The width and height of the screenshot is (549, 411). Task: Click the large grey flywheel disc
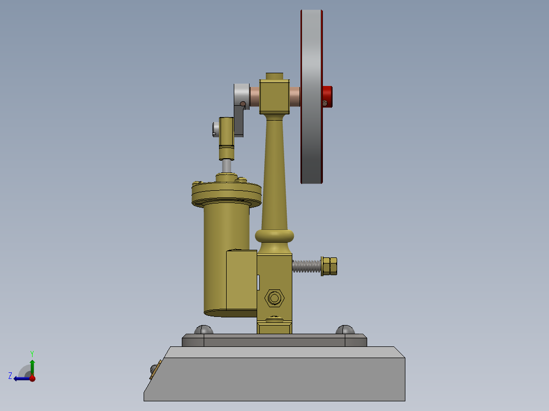coord(311,97)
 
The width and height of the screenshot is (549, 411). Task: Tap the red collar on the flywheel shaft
coord(327,96)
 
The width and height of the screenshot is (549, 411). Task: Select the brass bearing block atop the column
coord(274,96)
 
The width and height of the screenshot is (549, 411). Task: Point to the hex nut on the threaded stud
coord(330,266)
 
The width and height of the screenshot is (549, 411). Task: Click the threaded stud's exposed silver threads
coord(307,266)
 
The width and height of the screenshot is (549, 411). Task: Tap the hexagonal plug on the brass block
coord(274,297)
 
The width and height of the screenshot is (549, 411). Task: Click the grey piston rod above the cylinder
coord(226,166)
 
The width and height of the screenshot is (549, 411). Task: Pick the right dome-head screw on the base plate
coord(345,329)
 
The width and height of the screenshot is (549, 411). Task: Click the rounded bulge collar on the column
coord(274,236)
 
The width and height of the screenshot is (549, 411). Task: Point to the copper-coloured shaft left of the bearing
coord(254,96)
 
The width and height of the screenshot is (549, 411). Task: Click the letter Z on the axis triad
coord(10,375)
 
